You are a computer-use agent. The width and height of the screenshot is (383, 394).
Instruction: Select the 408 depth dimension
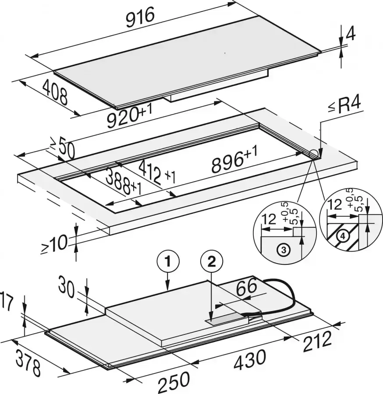pyautogui.click(x=55, y=92)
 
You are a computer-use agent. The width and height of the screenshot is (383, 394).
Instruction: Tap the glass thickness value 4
pyautogui.click(x=351, y=33)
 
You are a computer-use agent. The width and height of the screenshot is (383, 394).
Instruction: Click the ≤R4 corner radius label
pyautogui.click(x=344, y=107)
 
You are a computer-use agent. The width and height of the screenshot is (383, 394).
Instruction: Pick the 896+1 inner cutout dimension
pyautogui.click(x=234, y=160)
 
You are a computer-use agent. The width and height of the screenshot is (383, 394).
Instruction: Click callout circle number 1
pyautogui.click(x=168, y=263)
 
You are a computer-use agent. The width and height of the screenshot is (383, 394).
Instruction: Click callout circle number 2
pyautogui.click(x=212, y=263)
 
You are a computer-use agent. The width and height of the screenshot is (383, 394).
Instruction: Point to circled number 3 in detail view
pyautogui.click(x=284, y=250)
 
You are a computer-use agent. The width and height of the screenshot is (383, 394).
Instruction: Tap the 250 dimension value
pyautogui.click(x=173, y=382)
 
